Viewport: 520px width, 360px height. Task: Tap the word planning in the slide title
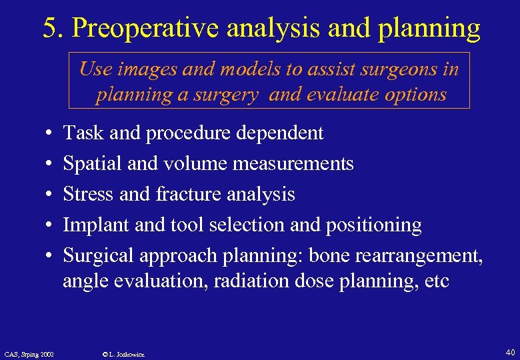coord(431,28)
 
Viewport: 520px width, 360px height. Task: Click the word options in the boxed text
coord(412,94)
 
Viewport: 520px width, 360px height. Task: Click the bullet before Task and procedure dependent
coord(51,133)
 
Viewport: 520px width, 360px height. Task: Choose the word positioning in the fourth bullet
coord(373,225)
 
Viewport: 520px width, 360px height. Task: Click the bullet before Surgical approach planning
coord(51,255)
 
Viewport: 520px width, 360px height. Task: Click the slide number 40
coord(510,351)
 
